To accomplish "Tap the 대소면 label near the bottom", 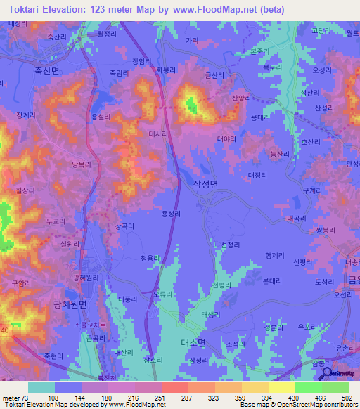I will (x=191, y=342).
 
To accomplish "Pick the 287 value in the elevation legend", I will (x=188, y=398).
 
